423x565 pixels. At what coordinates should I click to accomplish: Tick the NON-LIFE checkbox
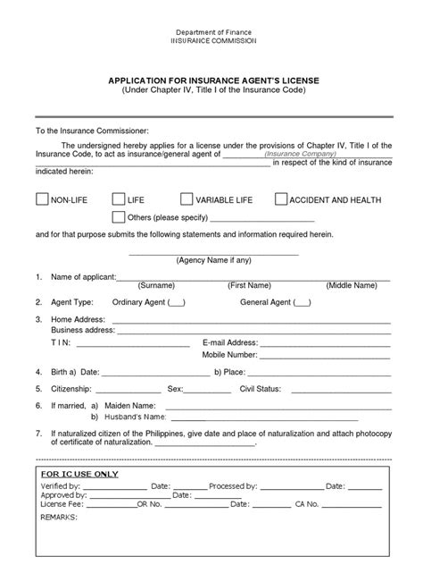(x=41, y=199)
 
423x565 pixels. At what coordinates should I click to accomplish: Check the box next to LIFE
(x=119, y=199)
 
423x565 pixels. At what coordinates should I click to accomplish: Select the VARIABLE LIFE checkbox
(x=187, y=199)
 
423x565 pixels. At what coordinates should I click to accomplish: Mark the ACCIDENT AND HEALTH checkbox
(x=281, y=199)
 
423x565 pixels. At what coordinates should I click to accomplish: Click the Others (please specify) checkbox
(x=119, y=217)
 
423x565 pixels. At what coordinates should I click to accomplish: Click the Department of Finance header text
(x=211, y=31)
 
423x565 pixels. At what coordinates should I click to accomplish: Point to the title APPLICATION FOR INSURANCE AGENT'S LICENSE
(x=211, y=80)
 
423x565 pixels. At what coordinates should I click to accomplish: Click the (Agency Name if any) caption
(x=211, y=261)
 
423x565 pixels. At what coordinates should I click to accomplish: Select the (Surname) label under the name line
(x=156, y=285)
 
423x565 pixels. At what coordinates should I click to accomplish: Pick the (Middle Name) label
(x=352, y=285)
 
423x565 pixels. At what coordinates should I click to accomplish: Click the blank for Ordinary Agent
(x=176, y=302)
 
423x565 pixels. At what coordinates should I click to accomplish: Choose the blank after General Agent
(x=302, y=302)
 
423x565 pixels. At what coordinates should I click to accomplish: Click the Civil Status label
(x=261, y=389)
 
